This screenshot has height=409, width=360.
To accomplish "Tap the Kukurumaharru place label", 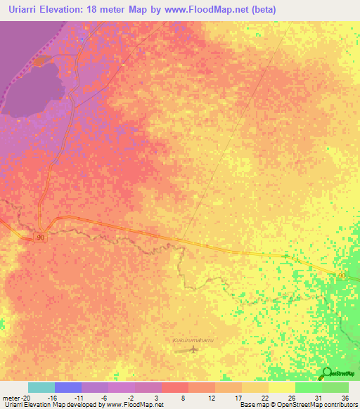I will tap(193, 341).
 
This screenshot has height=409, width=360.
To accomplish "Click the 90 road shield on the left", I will tap(40, 237).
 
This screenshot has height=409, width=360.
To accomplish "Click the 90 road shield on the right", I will tap(341, 275).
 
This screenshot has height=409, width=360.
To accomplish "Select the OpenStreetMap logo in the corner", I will tap(337, 373).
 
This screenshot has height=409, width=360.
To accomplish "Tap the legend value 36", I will tap(345, 397).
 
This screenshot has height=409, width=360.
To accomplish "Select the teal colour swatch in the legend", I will tap(41, 387).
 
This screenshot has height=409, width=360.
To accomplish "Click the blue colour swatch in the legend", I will tap(68, 387).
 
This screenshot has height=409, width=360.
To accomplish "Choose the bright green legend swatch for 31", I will tap(308, 387).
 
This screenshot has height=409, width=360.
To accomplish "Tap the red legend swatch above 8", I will tap(174, 387).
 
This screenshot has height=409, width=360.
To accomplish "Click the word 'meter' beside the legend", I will tap(10, 397).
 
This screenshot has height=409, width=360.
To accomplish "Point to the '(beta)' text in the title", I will tap(264, 10).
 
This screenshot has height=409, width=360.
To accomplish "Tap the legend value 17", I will tap(238, 397).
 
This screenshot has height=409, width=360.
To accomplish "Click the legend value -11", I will tap(79, 397).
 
